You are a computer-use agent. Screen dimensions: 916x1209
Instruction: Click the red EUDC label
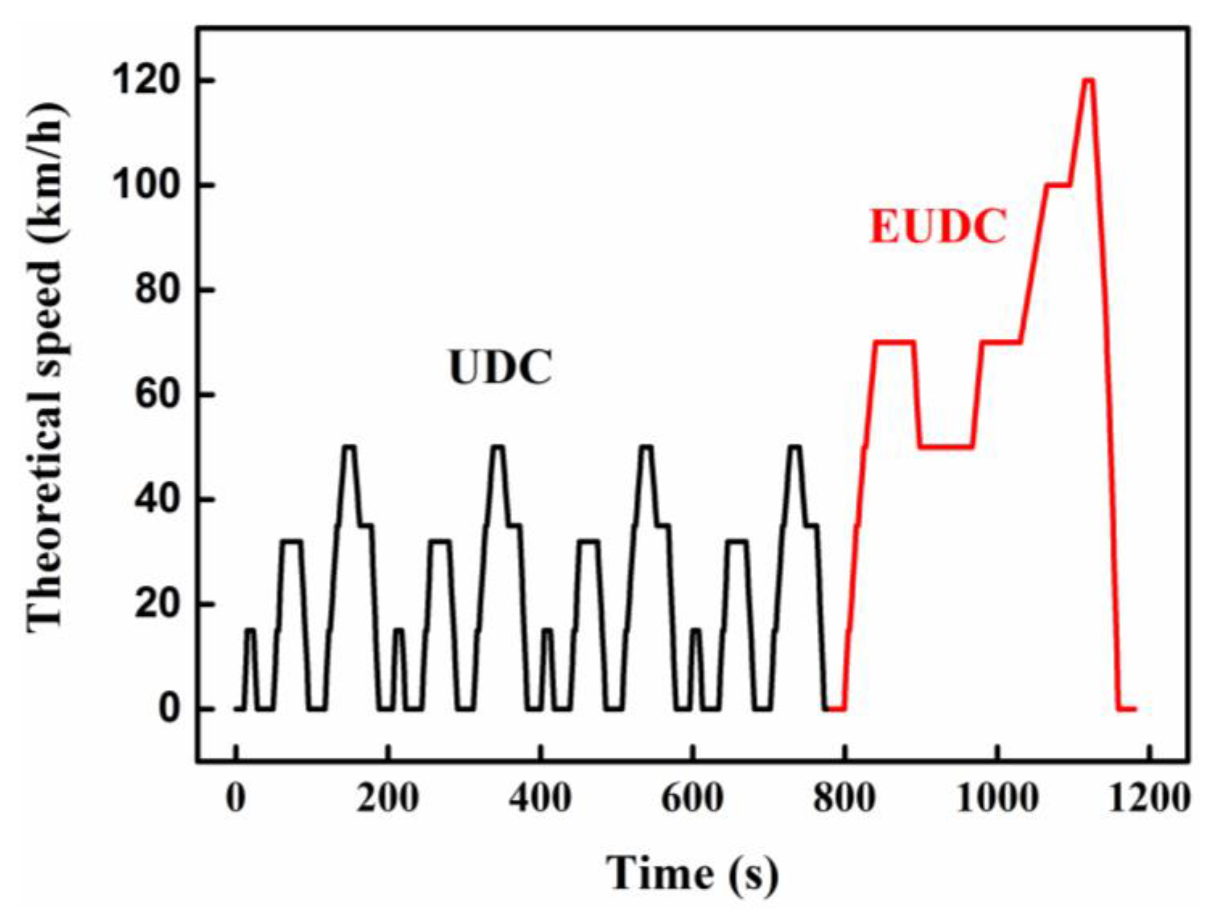coord(938,227)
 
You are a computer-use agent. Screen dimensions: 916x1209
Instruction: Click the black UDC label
coord(500,368)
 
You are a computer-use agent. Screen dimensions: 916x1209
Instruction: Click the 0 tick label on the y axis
coord(168,710)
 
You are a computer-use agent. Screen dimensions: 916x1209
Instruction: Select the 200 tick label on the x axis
coord(387,799)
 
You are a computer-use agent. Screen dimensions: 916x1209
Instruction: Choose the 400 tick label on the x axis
coord(540,799)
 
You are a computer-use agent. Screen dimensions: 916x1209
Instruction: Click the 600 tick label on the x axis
coord(692,799)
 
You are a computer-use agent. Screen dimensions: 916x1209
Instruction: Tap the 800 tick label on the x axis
coord(844,799)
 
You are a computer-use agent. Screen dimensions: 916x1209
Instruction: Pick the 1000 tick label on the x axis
coord(998,799)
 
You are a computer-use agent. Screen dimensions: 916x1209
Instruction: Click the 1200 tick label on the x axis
coord(1151,799)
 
